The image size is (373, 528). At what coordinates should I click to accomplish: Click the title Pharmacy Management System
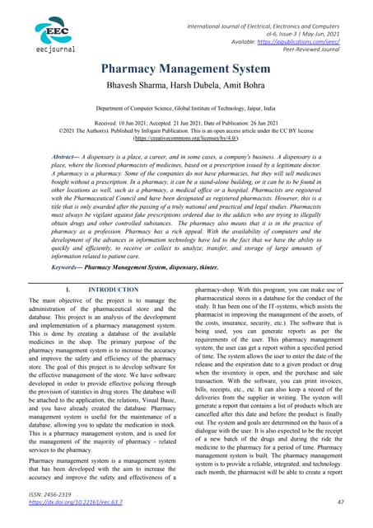tap(186, 70)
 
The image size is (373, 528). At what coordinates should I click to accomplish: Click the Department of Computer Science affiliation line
tap(186, 108)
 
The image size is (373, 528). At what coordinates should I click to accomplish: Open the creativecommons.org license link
tap(186, 139)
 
